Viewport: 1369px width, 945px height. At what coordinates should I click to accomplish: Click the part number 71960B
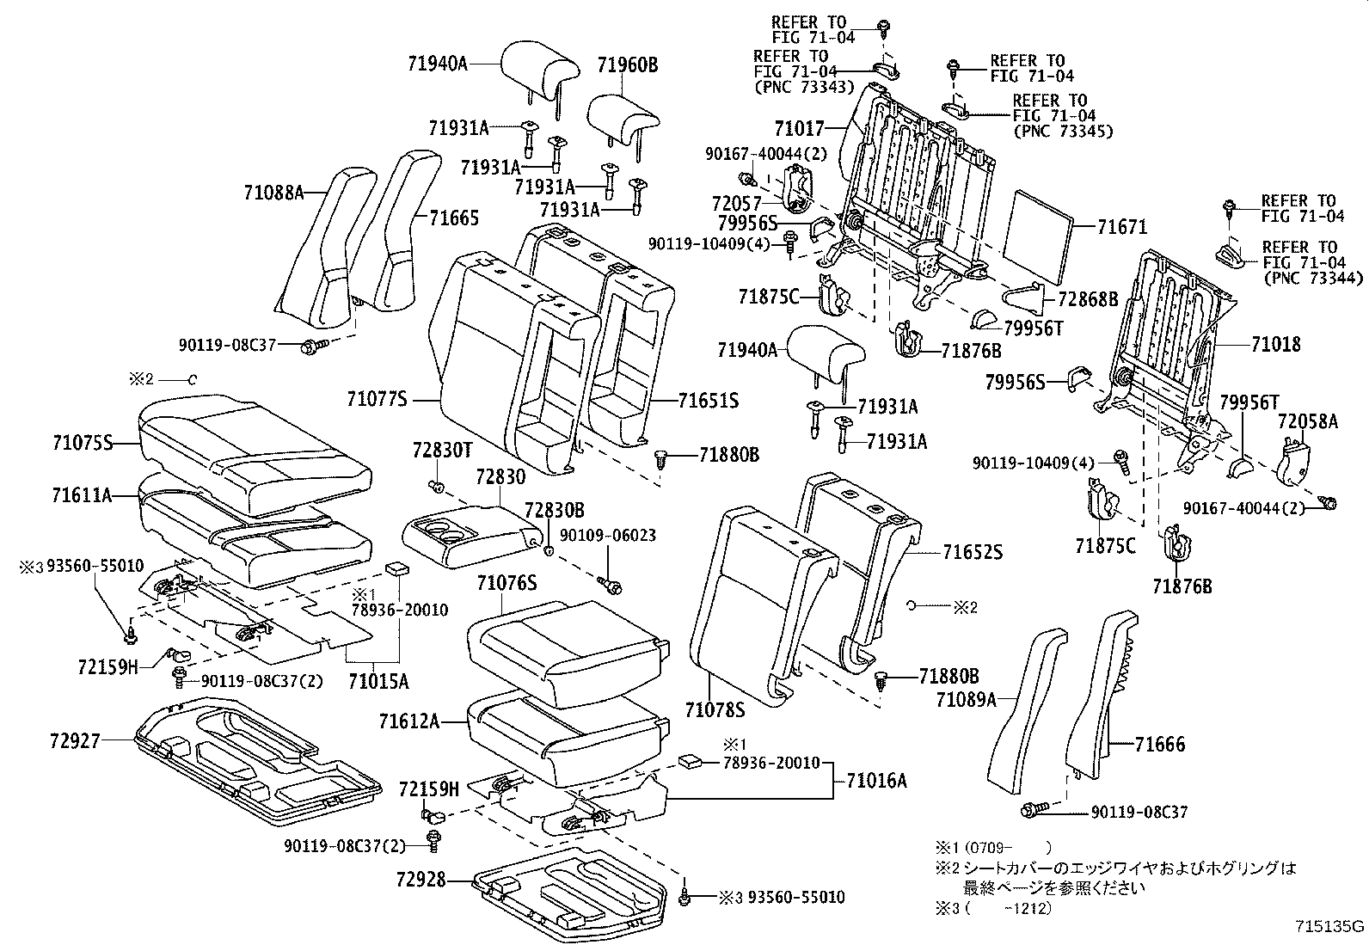pyautogui.click(x=628, y=64)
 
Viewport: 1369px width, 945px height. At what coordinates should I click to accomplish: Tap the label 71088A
pyautogui.click(x=273, y=193)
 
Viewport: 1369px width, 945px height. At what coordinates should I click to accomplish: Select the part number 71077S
pyautogui.click(x=376, y=399)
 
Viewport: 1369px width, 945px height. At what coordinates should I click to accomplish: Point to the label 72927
pyautogui.click(x=75, y=739)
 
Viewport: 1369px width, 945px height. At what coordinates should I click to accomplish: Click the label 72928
pyautogui.click(x=421, y=880)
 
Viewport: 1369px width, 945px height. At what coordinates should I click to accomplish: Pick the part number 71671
pyautogui.click(x=1122, y=227)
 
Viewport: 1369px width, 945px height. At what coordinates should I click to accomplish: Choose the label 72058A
pyautogui.click(x=1307, y=420)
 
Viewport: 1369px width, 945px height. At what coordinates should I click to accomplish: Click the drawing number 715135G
pyautogui.click(x=1329, y=926)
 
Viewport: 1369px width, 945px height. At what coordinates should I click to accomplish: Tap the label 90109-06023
pyautogui.click(x=607, y=535)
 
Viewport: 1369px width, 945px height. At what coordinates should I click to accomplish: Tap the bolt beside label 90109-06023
pyautogui.click(x=614, y=587)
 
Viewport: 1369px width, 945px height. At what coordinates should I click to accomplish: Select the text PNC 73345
pyautogui.click(x=1063, y=131)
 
